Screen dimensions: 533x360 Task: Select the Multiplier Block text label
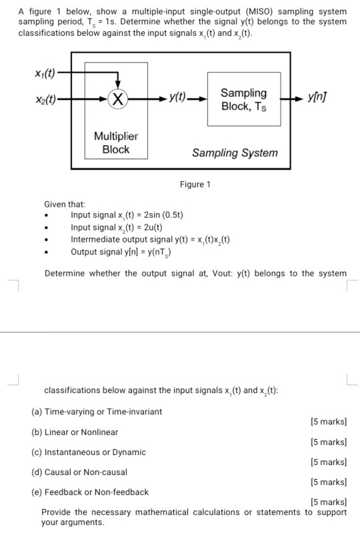pos(116,143)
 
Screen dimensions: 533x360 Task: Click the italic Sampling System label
pos(235,153)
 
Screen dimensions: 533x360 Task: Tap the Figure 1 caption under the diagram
pos(195,185)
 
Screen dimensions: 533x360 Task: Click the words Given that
pos(65,204)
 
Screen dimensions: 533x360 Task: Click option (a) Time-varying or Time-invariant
pos(97,412)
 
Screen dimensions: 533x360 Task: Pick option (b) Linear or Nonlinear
pos(75,432)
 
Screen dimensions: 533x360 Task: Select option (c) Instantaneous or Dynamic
pos(89,452)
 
